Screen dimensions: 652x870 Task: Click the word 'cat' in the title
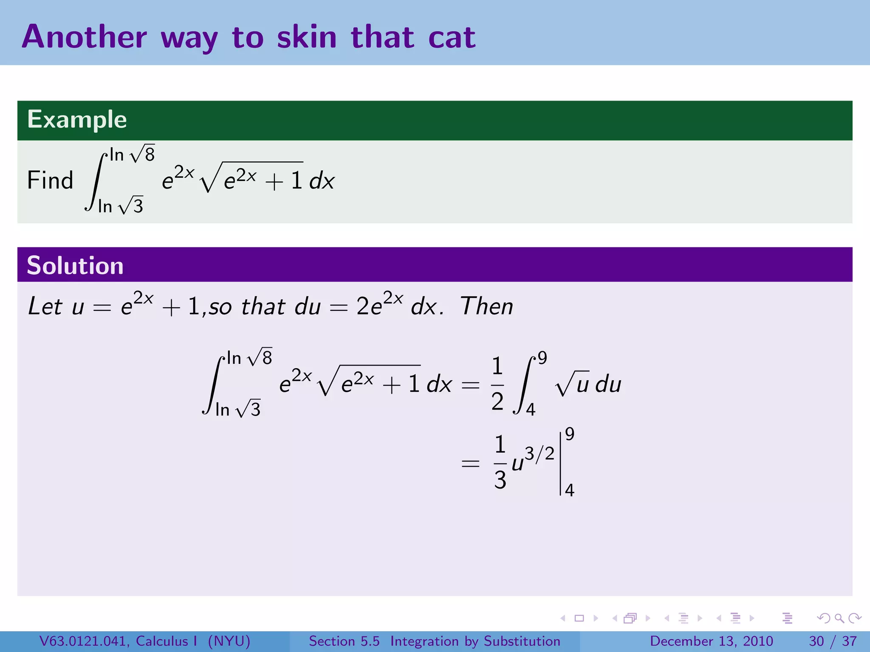(x=452, y=37)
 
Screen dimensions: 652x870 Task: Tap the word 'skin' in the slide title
(x=307, y=37)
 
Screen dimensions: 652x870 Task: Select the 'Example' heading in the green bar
(x=77, y=119)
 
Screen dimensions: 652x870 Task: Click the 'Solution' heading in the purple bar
(x=75, y=266)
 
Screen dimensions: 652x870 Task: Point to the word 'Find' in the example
(x=50, y=180)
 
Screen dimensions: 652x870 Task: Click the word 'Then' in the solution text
(x=487, y=306)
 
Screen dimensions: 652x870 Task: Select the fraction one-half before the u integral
(x=497, y=384)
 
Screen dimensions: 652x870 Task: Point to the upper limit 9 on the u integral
(x=542, y=358)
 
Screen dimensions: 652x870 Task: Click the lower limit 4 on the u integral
(x=531, y=410)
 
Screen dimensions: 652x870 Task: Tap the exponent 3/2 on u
(x=540, y=454)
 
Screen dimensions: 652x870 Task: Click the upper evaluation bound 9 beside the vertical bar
(x=570, y=434)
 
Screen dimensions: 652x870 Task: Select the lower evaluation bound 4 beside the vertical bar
(x=570, y=490)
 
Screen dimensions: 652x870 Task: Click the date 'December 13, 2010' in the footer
(x=711, y=641)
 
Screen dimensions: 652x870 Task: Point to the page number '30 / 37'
(x=833, y=641)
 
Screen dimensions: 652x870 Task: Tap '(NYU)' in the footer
(x=229, y=641)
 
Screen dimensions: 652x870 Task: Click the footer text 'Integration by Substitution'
(x=475, y=641)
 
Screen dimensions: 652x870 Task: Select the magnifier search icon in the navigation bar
(x=839, y=618)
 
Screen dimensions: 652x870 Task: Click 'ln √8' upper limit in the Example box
(x=132, y=155)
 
